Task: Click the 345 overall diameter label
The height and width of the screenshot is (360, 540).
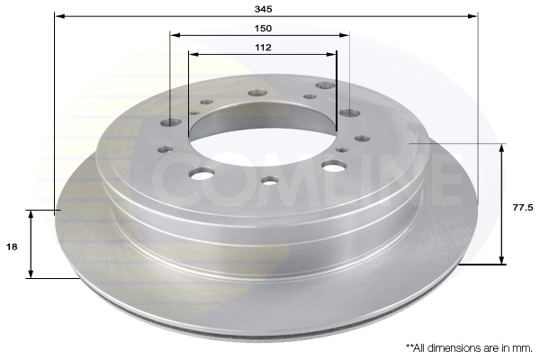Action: [264, 7]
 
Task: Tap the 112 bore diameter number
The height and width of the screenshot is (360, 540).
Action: [262, 48]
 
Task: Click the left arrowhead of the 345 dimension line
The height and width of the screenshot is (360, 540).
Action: [58, 16]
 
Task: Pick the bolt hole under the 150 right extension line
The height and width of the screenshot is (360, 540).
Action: [349, 113]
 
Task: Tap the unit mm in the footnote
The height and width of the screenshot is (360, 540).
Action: [522, 346]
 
